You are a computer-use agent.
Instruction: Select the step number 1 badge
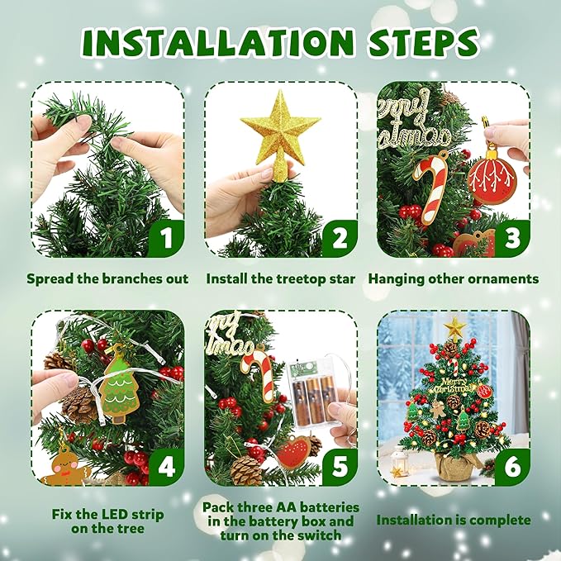point(166,240)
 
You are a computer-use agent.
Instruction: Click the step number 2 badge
point(339,240)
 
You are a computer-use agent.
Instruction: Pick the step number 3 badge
point(511,240)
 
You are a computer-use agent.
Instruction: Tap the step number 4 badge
point(166,467)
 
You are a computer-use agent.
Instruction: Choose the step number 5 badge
point(339,467)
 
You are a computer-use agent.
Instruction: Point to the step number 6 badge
point(511,467)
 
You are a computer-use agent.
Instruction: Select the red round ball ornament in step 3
point(492,178)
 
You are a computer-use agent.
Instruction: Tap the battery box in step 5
point(316,389)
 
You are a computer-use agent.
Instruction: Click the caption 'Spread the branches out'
point(107,279)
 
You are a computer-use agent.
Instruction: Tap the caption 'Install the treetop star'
point(281,279)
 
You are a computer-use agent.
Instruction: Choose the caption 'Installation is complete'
point(454,521)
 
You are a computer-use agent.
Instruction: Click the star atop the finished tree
point(454,327)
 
